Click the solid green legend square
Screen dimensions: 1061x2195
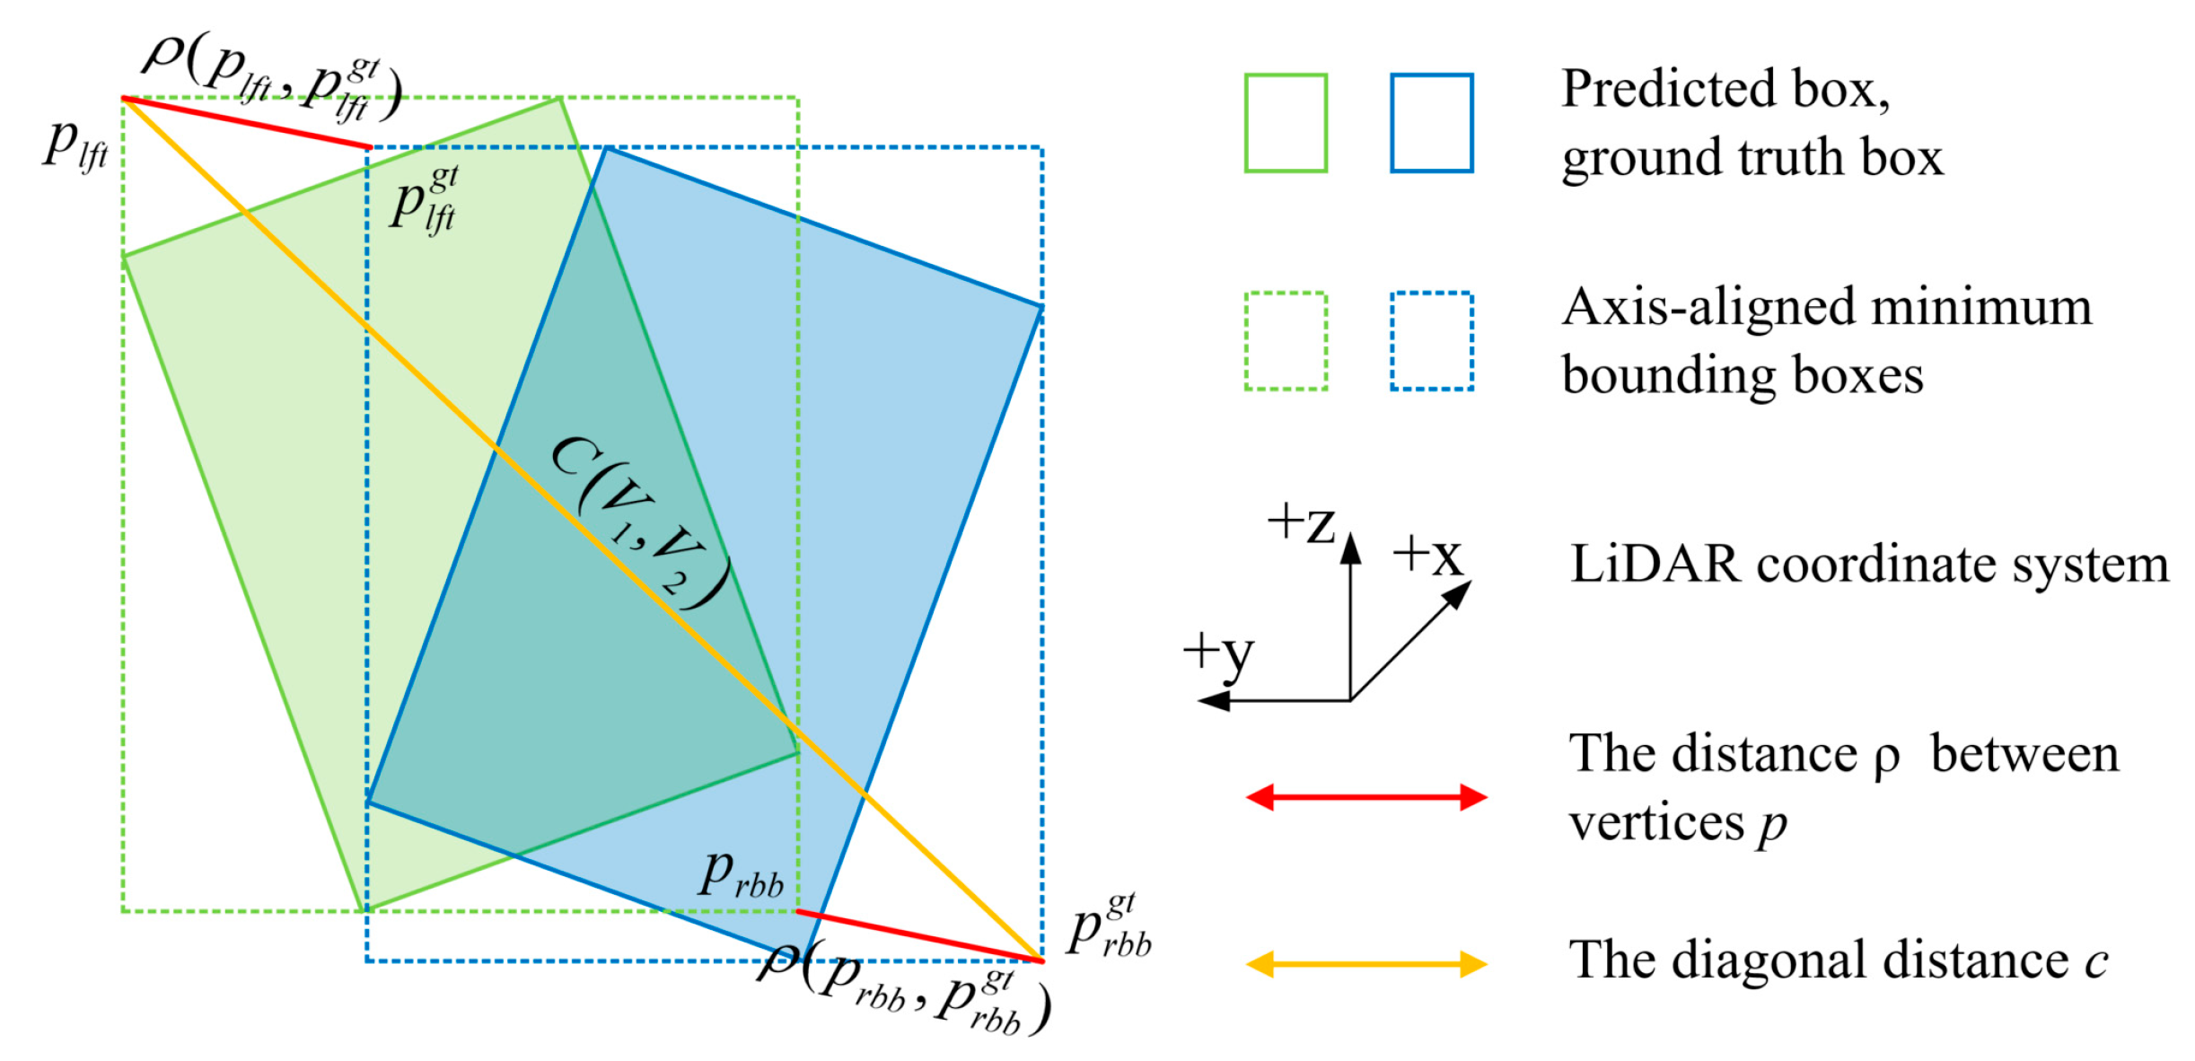pyautogui.click(x=1285, y=123)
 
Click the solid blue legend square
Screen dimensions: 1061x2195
pyautogui.click(x=1431, y=123)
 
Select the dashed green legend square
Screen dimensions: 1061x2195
pyautogui.click(x=1285, y=341)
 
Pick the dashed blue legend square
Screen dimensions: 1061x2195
pyautogui.click(x=1431, y=341)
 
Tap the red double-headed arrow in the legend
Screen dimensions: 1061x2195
pyautogui.click(x=1365, y=797)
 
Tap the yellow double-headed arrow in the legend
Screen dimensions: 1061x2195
pyautogui.click(x=1365, y=964)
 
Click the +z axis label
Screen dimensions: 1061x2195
pyautogui.click(x=1302, y=523)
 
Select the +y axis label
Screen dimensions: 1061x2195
pyautogui.click(x=1218, y=653)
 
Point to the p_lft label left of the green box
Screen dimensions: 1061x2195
pyautogui.click(x=76, y=144)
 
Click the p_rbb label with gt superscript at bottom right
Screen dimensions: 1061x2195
pyautogui.click(x=1110, y=925)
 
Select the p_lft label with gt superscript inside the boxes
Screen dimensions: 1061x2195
pyautogui.click(x=424, y=199)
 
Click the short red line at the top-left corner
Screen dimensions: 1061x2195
pyautogui.click(x=247, y=123)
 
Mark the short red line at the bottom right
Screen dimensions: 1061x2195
pyautogui.click(x=920, y=936)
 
